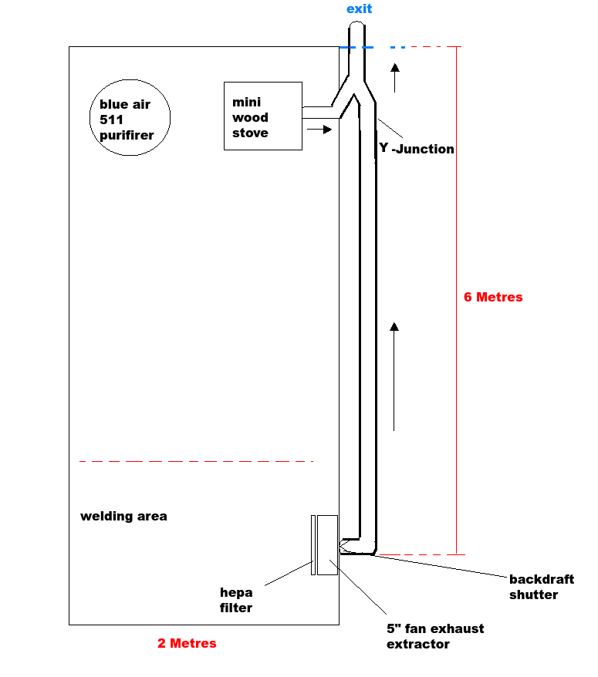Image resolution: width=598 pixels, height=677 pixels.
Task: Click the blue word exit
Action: point(359,9)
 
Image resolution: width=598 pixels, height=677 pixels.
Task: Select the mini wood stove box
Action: point(262,116)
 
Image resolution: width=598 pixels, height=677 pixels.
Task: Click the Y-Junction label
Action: point(417,149)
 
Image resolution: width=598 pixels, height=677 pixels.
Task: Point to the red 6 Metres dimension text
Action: point(492,297)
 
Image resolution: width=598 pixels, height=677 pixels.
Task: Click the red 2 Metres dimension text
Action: point(187,643)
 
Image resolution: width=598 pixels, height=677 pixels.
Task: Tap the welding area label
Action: point(123,516)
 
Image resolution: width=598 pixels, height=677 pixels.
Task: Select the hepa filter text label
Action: point(236,600)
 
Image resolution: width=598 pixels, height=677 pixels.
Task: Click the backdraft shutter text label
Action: point(542,587)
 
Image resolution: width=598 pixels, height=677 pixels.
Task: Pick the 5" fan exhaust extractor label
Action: point(435,636)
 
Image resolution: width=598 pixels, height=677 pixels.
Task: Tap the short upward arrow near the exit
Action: point(395,77)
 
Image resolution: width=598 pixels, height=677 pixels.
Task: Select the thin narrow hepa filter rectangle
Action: point(313,544)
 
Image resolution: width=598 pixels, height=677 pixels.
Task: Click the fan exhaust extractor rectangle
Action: point(327,544)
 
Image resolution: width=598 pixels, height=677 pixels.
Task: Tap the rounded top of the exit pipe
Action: point(356,28)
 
